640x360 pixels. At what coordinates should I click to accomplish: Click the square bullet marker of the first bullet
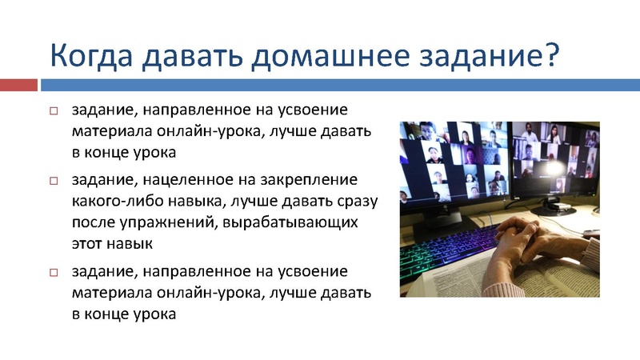click(55, 110)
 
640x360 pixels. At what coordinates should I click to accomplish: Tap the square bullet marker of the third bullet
click(55, 273)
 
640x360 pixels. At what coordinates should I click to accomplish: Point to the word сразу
click(354, 200)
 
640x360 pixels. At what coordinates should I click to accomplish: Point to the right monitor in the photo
click(560, 160)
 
